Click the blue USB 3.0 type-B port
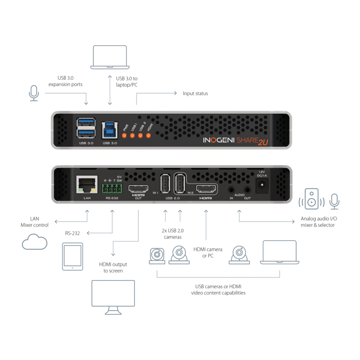coord(109,130)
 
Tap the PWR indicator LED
coord(124,136)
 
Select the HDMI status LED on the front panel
coord(148,136)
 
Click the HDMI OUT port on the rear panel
coord(138,189)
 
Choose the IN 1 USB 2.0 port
coord(165,184)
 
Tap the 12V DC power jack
coord(262,185)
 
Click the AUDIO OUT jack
coord(247,190)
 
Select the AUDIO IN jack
coord(231,190)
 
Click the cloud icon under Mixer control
coord(34,242)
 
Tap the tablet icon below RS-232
coord(73,256)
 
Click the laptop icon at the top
coord(110,57)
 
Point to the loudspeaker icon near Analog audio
coord(312,199)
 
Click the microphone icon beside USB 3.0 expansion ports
coord(34,93)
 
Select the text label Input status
coord(195,94)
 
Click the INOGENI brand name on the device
coord(219,140)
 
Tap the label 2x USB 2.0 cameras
coord(172,234)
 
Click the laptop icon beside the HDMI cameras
coord(279,252)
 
